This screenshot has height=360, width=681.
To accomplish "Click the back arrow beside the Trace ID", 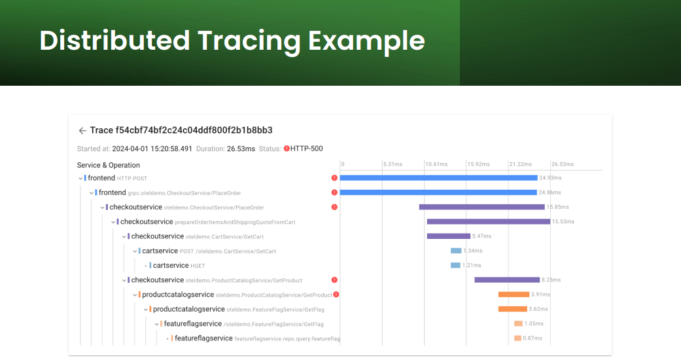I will click(82, 131).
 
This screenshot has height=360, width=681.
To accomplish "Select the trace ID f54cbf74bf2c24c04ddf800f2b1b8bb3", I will click(194, 130).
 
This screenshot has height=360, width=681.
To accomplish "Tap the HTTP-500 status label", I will click(306, 149).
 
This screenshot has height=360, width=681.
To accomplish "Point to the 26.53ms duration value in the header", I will click(241, 149).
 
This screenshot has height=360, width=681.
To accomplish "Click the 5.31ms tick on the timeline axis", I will click(393, 164).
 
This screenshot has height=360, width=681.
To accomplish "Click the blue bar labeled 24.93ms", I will click(438, 178).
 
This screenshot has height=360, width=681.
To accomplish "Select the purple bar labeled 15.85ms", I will click(481, 207).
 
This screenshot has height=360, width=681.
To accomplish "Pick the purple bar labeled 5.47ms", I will click(448, 236).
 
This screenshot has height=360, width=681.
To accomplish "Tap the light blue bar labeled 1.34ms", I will click(455, 251).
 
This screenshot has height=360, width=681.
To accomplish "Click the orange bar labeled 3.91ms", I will click(513, 295).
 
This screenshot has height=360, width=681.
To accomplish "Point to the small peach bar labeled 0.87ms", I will click(517, 338).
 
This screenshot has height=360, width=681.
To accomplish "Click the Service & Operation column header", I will click(109, 165).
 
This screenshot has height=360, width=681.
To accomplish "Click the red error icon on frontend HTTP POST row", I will click(334, 178).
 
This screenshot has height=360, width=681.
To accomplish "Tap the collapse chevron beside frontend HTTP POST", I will click(80, 178).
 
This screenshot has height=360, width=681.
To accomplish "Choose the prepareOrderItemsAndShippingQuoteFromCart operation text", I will click(235, 223).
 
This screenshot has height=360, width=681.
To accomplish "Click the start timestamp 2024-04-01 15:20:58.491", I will click(152, 149).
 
